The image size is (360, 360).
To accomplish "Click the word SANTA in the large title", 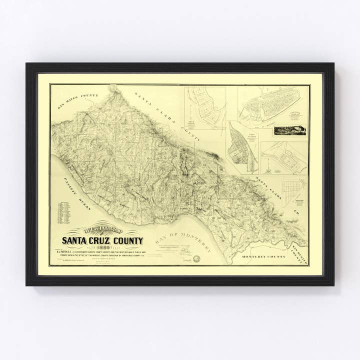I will [74, 240].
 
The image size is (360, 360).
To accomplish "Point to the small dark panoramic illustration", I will [289, 130].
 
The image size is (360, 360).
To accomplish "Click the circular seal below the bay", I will [197, 258].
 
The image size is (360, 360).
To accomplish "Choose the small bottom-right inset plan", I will [292, 191].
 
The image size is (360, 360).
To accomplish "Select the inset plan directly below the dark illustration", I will [284, 157].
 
